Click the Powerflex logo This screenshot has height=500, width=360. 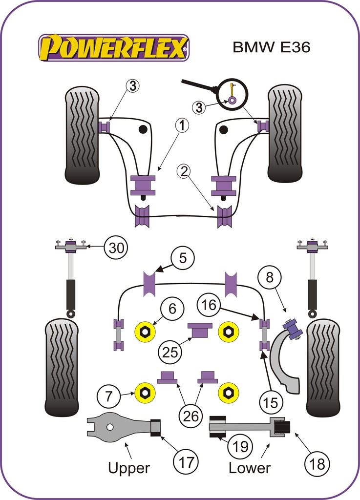113,48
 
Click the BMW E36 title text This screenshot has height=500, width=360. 271,47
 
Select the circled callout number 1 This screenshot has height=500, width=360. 182,126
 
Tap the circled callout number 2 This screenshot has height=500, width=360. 184,171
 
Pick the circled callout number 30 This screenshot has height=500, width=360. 116,248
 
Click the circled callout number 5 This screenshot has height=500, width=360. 183,257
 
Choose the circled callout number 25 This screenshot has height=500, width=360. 169,351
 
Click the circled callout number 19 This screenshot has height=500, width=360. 240,446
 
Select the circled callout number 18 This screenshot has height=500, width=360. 317,463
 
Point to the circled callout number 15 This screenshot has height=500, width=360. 270,402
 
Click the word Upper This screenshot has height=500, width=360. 129,468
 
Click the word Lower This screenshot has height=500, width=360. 249,468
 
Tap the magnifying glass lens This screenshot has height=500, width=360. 232,94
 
